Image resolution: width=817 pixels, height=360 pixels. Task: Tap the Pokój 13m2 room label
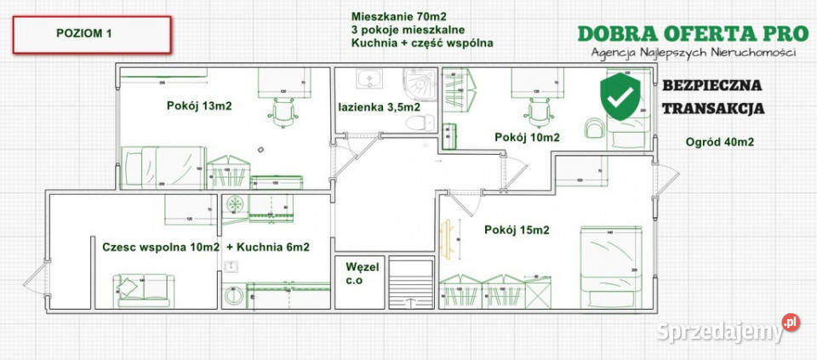[200, 106]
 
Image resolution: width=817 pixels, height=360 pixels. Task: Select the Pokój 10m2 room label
[528, 137]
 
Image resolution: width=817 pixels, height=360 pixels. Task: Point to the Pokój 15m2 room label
[517, 229]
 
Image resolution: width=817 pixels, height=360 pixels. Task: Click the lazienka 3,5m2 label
[380, 107]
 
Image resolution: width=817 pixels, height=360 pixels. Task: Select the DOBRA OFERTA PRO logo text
[692, 33]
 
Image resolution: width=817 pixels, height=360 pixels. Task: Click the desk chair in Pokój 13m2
[280, 111]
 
